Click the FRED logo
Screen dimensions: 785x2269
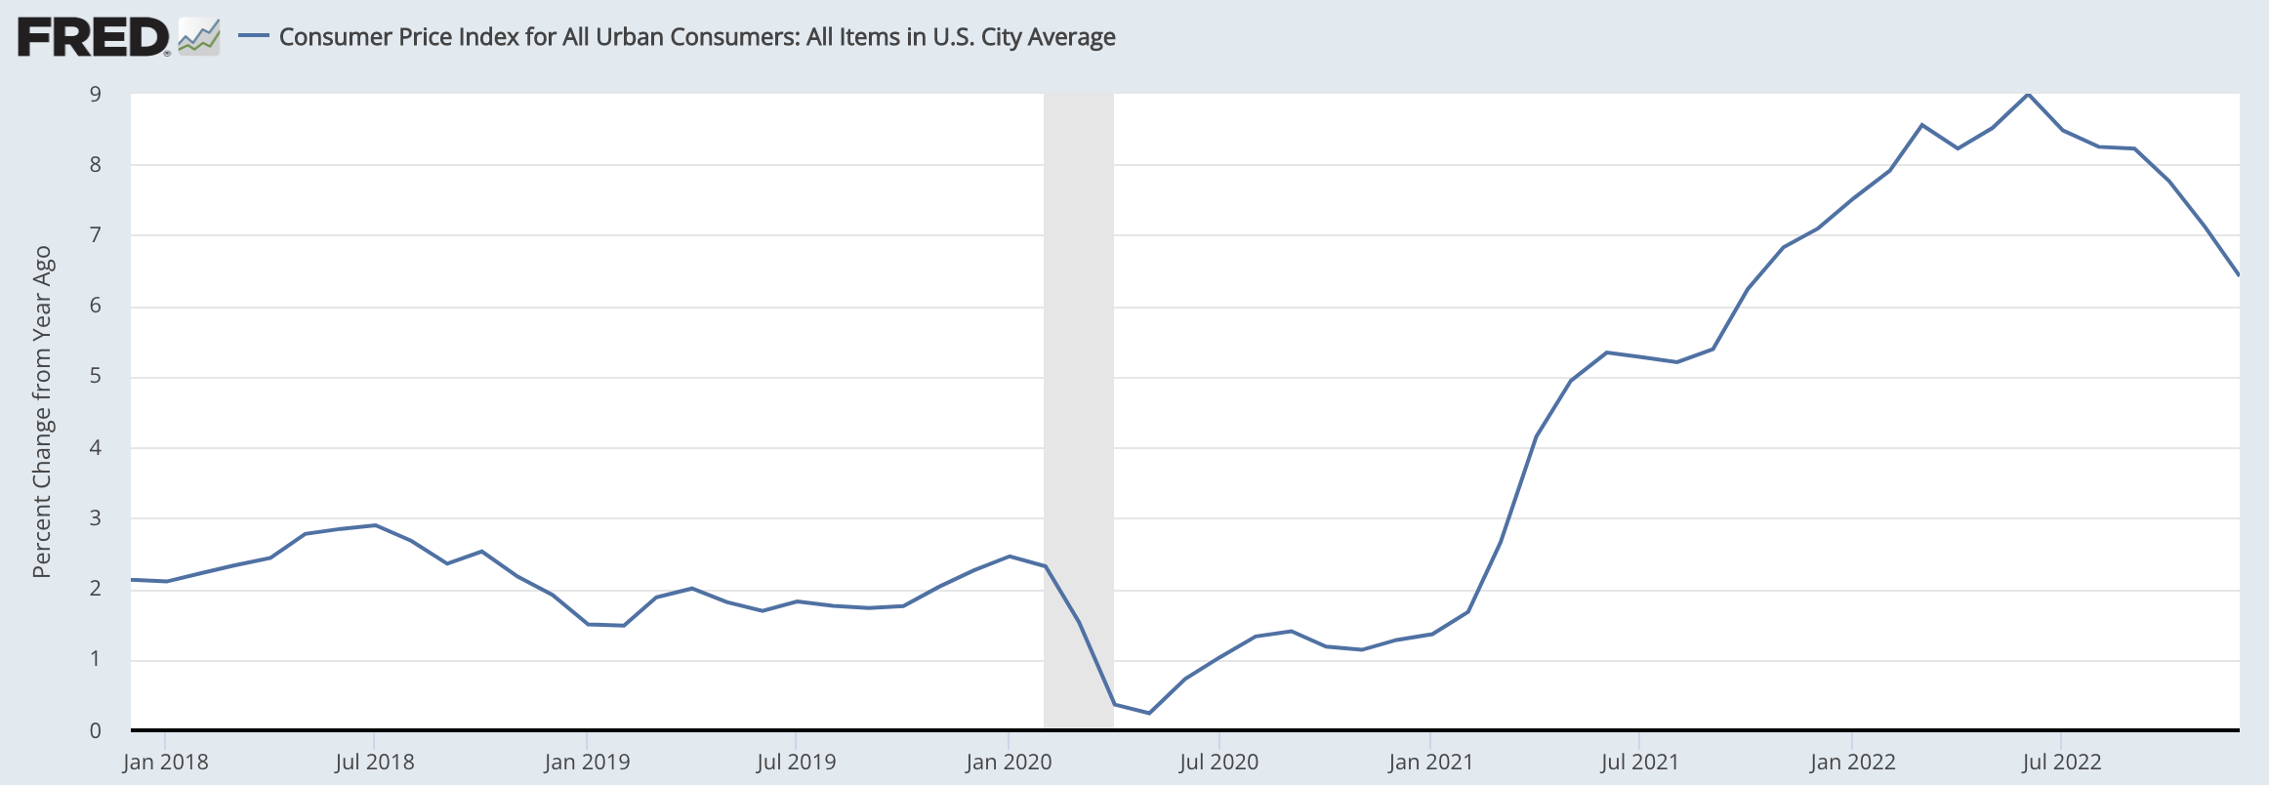point(94,38)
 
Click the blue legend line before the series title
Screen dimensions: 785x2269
point(254,36)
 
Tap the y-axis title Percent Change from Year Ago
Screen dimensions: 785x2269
point(41,411)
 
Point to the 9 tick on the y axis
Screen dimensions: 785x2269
point(96,95)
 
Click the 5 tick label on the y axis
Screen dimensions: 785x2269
point(96,376)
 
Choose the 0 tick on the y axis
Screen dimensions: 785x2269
point(96,730)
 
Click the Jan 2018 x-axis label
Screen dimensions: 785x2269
point(165,762)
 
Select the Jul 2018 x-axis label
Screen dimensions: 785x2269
point(375,762)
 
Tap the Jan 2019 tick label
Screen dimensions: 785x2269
point(587,762)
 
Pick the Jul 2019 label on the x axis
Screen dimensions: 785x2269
point(797,762)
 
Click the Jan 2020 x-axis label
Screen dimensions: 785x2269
point(1009,762)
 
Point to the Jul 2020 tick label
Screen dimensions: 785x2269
point(1218,762)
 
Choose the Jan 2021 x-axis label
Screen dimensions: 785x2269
point(1430,762)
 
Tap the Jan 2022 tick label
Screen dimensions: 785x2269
point(1852,762)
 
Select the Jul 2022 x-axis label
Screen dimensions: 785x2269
point(2061,762)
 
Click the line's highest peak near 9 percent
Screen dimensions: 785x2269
point(2028,95)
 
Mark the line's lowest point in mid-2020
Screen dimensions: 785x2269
point(1149,713)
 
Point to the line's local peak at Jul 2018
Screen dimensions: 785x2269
point(375,525)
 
